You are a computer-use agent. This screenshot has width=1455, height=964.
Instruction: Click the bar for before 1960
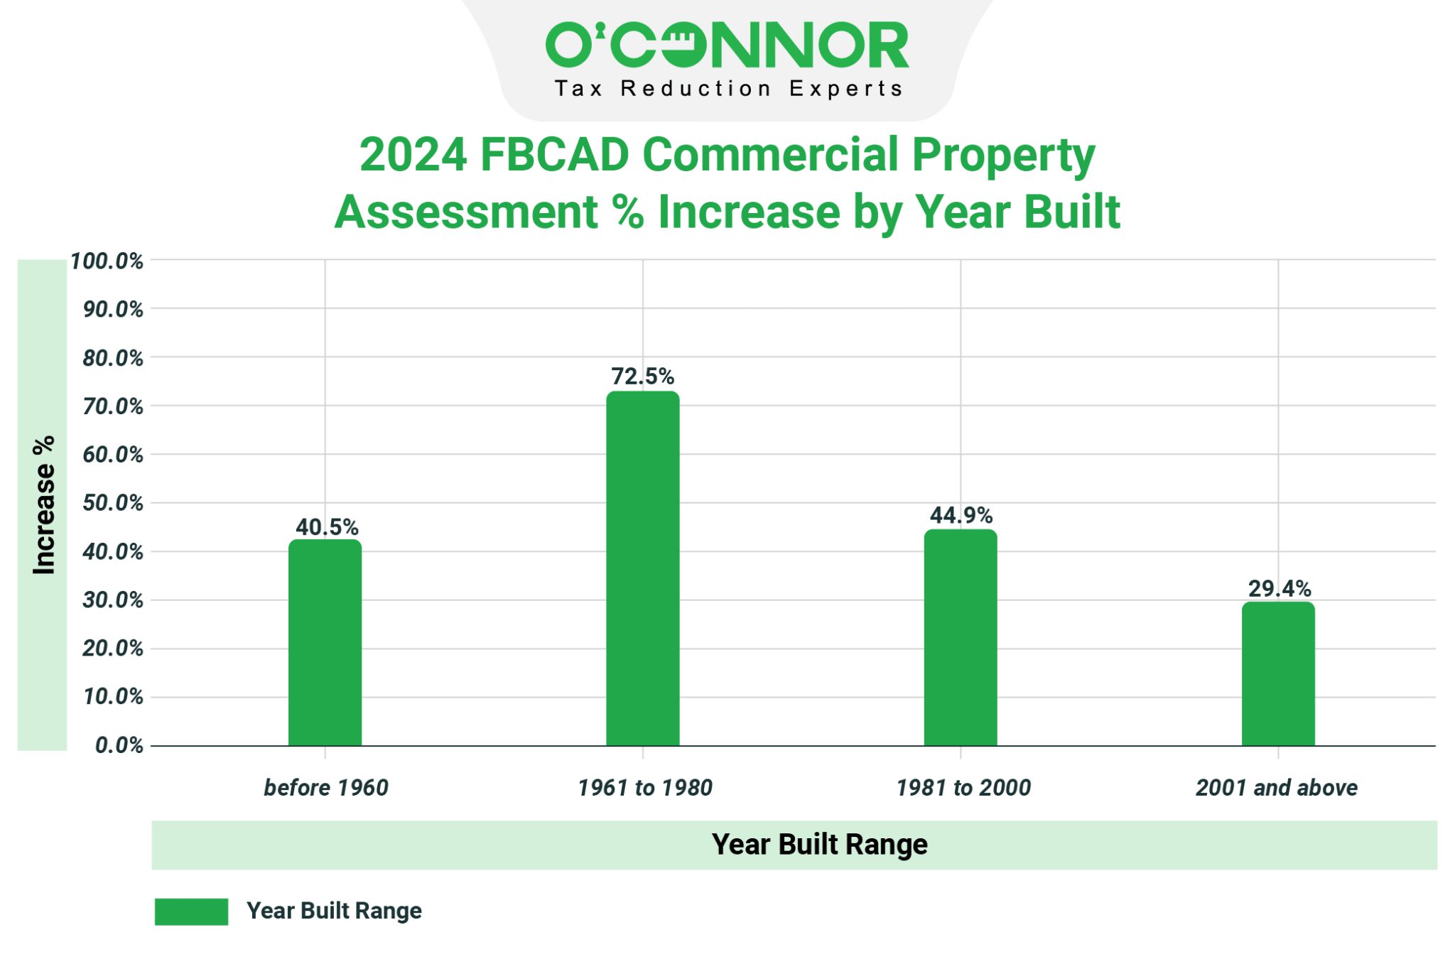325,643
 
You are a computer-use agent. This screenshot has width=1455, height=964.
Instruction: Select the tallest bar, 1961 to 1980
642,568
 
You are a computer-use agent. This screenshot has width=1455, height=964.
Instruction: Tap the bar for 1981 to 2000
960,637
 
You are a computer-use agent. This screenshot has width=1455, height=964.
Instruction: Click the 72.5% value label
642,376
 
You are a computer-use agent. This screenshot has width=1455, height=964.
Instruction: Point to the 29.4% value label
1279,588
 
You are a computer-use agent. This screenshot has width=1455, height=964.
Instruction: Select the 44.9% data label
961,515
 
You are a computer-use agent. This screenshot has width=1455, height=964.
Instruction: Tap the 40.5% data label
327,527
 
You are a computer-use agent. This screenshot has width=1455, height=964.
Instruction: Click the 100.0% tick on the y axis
107,261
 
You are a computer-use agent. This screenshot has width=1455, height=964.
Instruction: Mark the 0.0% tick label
119,745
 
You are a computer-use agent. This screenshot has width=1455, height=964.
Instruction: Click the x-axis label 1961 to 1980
644,787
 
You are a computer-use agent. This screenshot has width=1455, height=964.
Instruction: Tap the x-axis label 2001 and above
1276,787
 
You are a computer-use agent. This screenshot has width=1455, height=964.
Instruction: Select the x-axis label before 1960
326,787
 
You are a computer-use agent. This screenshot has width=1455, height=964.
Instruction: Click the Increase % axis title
43,504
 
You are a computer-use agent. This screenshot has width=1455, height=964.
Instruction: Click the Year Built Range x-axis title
819,844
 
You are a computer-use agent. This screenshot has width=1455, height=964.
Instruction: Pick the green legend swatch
191,911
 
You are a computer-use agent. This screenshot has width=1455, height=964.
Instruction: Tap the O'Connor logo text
727,45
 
